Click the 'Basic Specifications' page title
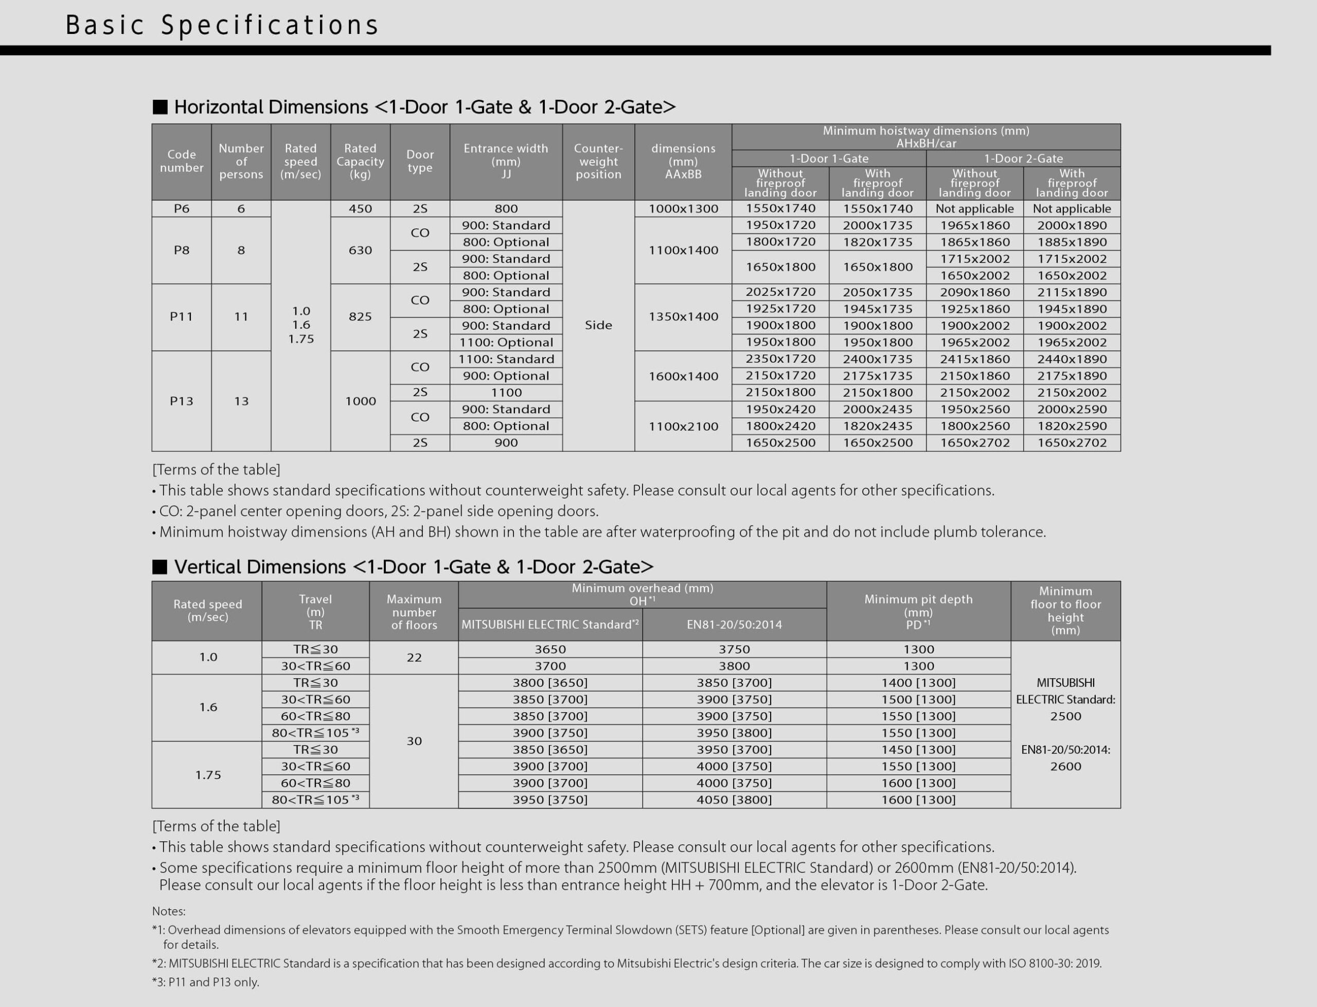pos(222,25)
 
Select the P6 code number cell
pos(182,208)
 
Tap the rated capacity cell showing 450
pos(360,208)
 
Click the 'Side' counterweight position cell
pos(598,325)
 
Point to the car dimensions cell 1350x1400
pos(683,316)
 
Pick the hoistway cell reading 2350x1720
pos(780,359)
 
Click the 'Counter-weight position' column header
pos(598,161)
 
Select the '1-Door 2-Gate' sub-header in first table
pos(1023,158)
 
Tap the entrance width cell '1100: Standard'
pos(506,359)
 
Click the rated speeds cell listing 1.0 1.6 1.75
pos(301,325)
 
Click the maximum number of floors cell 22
pos(414,658)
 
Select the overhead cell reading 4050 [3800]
pos(734,800)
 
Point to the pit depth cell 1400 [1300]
pos(918,683)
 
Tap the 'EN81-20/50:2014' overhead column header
pos(734,625)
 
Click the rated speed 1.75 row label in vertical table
pos(208,775)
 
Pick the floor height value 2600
pos(1065,766)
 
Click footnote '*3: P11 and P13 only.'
pos(205,982)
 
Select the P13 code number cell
pos(182,401)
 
